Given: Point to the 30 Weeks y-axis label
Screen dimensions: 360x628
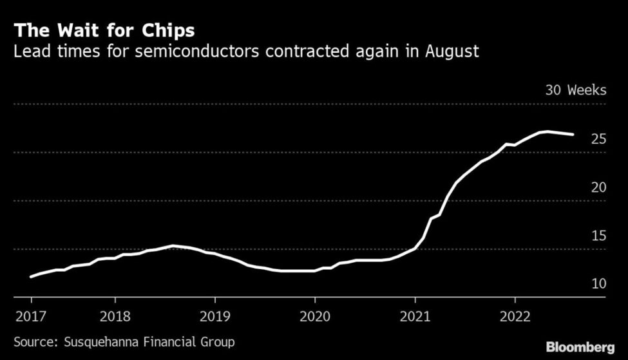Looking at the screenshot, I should click(575, 90).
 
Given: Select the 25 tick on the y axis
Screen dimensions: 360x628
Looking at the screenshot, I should click(598, 138).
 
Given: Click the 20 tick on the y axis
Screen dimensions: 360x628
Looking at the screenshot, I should click(598, 187).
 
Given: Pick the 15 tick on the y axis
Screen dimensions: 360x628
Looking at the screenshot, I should click(598, 235).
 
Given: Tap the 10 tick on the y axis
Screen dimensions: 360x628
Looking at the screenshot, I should click(598, 283).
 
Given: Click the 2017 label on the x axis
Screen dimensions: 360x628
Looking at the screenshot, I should click(31, 316).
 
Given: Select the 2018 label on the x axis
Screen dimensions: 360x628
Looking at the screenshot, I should click(115, 316).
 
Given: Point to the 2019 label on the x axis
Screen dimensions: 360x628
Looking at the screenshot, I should click(214, 316).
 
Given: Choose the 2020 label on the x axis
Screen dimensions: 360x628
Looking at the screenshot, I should click(314, 316).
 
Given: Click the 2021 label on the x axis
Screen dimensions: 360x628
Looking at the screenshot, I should click(415, 316).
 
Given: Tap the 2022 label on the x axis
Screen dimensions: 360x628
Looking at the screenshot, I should click(515, 316).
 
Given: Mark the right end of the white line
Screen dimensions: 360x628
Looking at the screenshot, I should click(573, 135).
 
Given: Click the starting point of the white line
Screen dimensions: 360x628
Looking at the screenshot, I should click(31, 277).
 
